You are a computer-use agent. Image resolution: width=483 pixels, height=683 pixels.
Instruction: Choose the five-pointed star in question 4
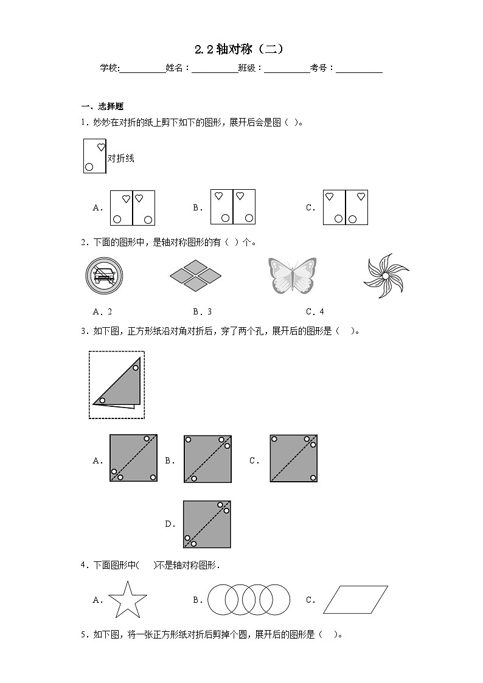point(128,599)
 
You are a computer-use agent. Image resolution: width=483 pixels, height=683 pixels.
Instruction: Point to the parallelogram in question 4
point(355,600)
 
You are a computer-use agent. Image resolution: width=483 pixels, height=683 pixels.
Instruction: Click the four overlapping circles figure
point(249,600)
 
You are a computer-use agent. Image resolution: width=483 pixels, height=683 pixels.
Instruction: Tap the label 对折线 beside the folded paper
point(120,159)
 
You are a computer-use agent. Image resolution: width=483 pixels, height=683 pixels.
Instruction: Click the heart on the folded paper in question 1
point(101,147)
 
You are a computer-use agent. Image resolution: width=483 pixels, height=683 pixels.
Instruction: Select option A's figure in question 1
point(133,207)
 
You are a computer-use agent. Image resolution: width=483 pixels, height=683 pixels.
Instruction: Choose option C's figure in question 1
point(346,207)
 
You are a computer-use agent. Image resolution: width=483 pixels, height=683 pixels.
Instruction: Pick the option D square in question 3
point(207,524)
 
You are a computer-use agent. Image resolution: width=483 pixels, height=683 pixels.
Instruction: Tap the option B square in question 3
point(207,459)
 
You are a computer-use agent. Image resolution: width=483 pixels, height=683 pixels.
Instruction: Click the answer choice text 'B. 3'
point(203,312)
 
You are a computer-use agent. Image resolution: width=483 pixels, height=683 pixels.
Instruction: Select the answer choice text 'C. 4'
point(314,312)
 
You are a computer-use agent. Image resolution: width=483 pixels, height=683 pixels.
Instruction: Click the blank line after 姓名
point(215,69)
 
